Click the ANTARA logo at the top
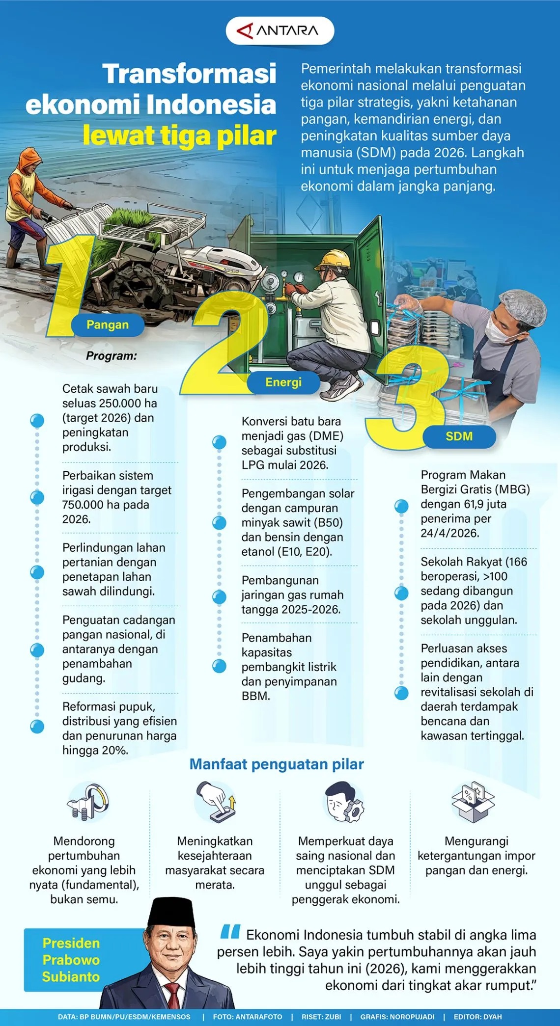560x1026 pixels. [280, 31]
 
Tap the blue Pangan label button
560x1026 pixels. [108, 324]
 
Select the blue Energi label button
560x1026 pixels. [283, 382]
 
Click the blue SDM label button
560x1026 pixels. [459, 436]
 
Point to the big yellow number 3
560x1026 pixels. [408, 398]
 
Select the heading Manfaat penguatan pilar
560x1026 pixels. [277, 764]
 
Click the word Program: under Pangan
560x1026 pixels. [112, 356]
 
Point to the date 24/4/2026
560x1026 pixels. [449, 533]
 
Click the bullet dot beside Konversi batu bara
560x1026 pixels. [219, 442]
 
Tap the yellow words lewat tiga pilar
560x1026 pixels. [179, 136]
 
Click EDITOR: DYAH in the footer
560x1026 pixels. [477, 1017]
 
